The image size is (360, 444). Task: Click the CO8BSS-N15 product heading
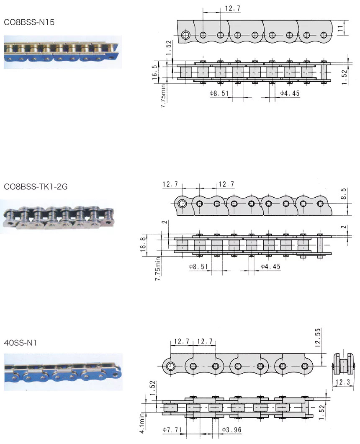tap(29, 22)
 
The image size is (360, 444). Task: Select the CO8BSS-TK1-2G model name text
tap(36, 187)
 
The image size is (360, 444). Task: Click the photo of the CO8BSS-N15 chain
tap(63, 52)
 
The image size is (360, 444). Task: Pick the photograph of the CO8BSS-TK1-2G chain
tap(59, 216)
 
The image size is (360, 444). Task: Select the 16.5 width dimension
tap(155, 72)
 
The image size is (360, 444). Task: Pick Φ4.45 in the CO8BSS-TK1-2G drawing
tap(270, 266)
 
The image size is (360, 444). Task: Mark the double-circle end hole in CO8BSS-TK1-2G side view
tap(182, 204)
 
